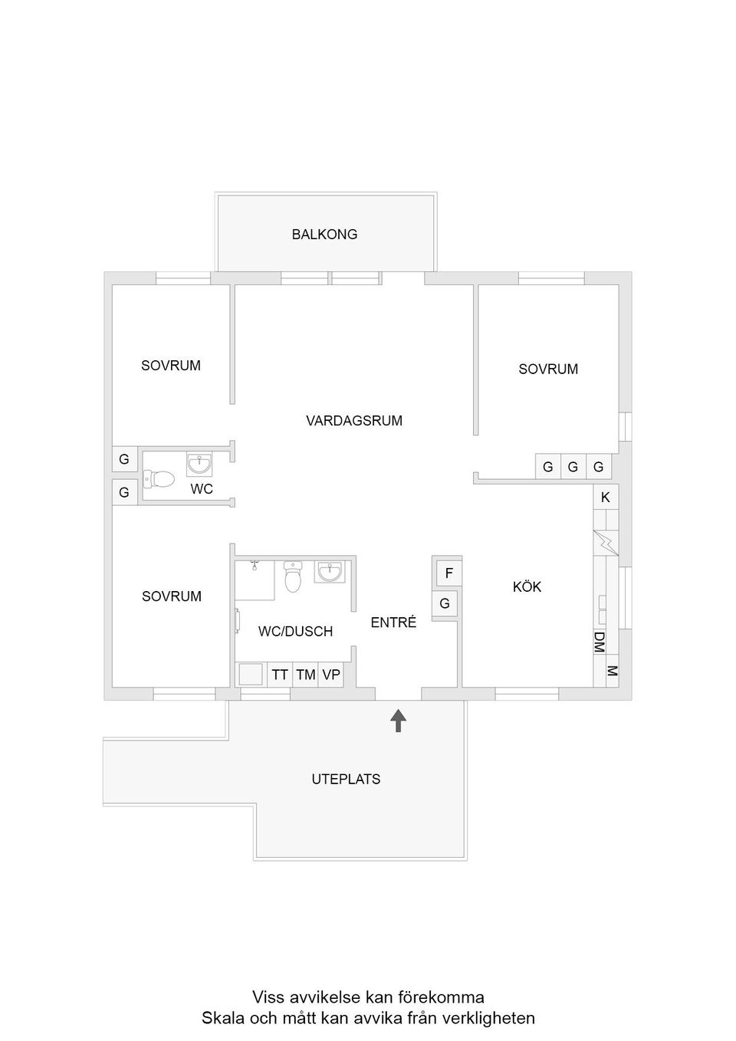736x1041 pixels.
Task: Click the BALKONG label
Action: (x=324, y=235)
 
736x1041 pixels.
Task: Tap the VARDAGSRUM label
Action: (x=353, y=421)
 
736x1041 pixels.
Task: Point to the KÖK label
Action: (x=527, y=587)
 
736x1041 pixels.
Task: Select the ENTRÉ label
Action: (x=393, y=622)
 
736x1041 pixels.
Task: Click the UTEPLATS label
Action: (x=346, y=779)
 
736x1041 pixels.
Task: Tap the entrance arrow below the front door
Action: (x=398, y=721)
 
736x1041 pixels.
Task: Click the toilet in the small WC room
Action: (x=159, y=480)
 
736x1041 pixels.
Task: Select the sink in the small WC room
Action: (x=199, y=464)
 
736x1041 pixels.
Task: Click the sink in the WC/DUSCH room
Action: (x=332, y=572)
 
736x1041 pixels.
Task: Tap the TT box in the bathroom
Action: (x=280, y=675)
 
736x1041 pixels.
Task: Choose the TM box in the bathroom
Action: (x=306, y=675)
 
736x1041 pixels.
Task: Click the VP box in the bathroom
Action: (x=331, y=675)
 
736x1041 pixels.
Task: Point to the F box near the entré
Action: (x=449, y=573)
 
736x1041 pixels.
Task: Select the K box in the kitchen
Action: (x=606, y=498)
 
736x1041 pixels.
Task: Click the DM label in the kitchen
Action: (x=600, y=642)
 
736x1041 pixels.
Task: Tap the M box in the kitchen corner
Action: (x=612, y=672)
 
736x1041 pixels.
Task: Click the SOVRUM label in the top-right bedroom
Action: (x=548, y=369)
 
